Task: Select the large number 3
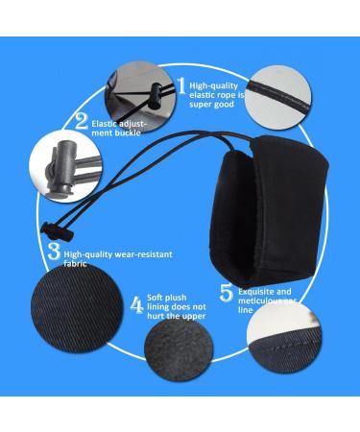tap(55, 254)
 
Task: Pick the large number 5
tap(227, 290)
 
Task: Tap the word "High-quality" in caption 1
tap(211, 84)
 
